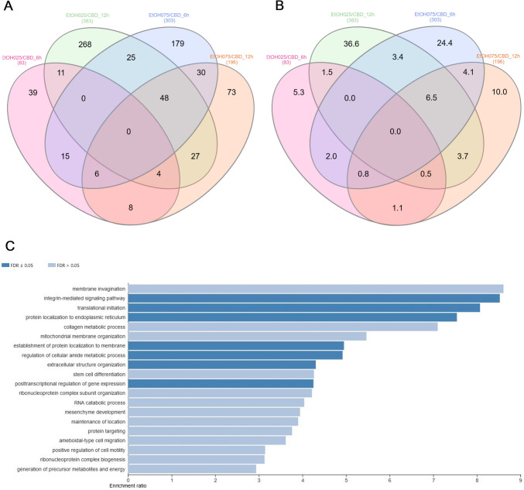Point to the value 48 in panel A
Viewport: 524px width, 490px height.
coord(142,100)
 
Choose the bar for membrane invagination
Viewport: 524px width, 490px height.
coord(316,289)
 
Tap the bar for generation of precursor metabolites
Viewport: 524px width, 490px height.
coord(192,468)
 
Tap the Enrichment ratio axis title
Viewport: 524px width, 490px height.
coord(145,487)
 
